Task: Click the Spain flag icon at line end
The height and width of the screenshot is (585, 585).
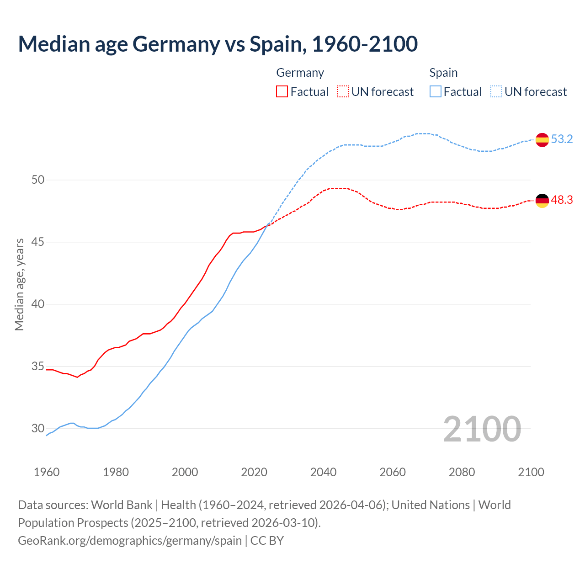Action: click(542, 139)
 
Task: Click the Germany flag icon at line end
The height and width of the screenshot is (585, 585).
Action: click(542, 201)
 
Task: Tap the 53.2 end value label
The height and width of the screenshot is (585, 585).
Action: click(562, 139)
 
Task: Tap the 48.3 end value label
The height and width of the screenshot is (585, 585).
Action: click(562, 200)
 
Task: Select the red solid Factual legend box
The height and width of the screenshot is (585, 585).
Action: click(282, 92)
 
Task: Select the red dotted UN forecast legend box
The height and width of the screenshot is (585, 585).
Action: click(343, 92)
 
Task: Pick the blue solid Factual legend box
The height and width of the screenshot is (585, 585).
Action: click(436, 92)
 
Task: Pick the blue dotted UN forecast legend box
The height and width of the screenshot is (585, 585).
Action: click(496, 92)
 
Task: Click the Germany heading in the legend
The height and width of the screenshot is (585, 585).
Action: click(300, 73)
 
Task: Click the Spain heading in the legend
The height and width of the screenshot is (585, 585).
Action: click(443, 73)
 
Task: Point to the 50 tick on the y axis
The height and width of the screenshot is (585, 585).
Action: click(38, 180)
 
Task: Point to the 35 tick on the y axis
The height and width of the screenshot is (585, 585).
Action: click(38, 367)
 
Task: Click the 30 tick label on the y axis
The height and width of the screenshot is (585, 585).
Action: click(38, 429)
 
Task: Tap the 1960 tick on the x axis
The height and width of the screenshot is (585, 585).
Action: click(47, 472)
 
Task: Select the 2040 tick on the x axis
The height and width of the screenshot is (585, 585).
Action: click(324, 472)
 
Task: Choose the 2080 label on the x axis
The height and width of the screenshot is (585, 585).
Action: click(462, 472)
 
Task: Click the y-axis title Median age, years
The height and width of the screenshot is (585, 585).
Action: click(19, 284)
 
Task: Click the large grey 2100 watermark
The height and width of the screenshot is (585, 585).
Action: click(482, 429)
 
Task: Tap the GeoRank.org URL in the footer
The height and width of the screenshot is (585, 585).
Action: click(130, 541)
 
